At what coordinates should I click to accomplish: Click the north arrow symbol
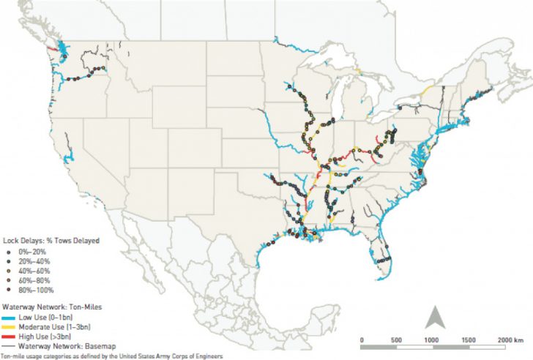433,318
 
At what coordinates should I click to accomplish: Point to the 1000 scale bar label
432,340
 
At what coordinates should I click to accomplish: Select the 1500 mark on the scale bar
466,340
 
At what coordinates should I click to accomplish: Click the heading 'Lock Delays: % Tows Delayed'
51,239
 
